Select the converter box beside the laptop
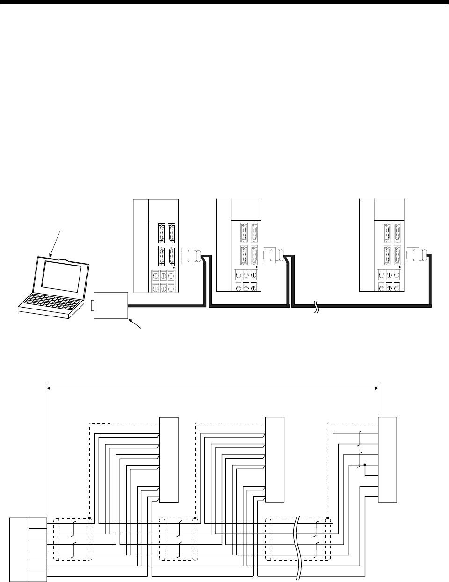click(111, 305)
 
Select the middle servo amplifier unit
click(239, 245)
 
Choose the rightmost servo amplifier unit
click(382, 245)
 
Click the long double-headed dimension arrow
click(213, 387)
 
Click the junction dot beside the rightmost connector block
click(364, 465)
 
